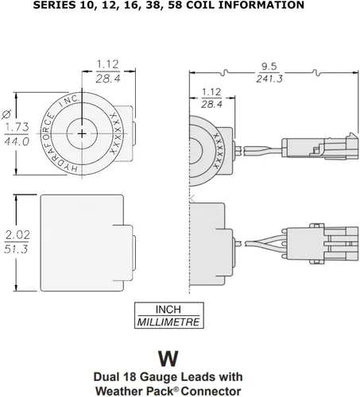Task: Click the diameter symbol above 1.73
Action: pyautogui.click(x=6, y=111)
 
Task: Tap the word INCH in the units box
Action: pyautogui.click(x=167, y=309)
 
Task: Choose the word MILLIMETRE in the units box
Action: pyautogui.click(x=168, y=322)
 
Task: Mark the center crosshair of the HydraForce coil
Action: pyautogui.click(x=83, y=134)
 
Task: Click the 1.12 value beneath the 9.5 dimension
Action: pyautogui.click(x=211, y=91)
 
